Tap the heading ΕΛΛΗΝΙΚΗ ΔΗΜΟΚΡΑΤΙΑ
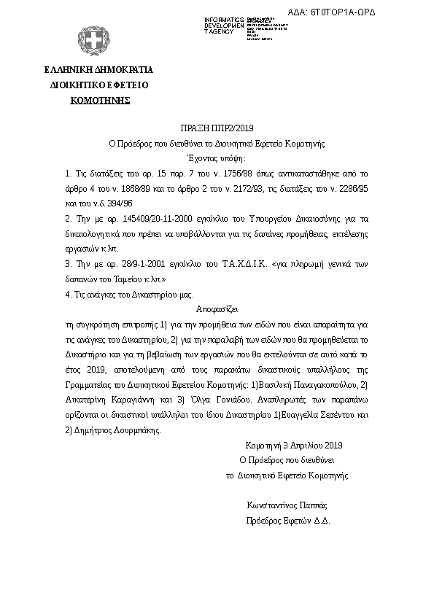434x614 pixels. tap(98, 71)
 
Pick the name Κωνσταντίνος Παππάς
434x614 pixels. tap(287, 505)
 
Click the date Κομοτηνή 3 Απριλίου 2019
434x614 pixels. tap(294, 444)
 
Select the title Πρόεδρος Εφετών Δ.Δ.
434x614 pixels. tap(289, 521)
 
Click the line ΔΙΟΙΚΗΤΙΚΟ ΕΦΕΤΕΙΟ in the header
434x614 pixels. tap(98, 85)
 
